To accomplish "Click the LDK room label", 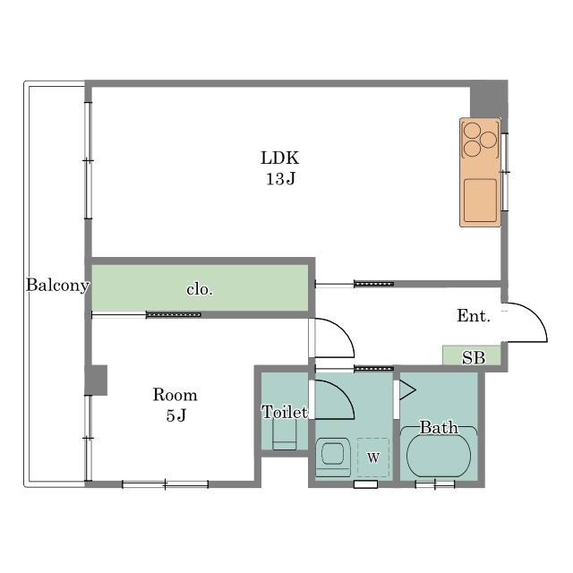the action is [x=280, y=158].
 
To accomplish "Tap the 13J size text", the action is [x=280, y=179].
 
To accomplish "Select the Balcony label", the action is [x=57, y=286].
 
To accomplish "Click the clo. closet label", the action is [x=200, y=290].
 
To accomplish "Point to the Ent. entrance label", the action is [x=474, y=316].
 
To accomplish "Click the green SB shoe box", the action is [x=472, y=355].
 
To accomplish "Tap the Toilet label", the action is [x=285, y=412].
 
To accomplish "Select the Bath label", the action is [x=439, y=428].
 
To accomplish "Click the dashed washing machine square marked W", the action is [x=373, y=458].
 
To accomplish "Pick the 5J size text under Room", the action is [x=176, y=415].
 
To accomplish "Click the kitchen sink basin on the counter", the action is [x=480, y=201].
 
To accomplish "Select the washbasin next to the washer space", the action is [x=332, y=458].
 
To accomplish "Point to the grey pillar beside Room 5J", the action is [x=96, y=380].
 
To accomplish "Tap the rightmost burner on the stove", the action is [x=488, y=140].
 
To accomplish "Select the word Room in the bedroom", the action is [x=175, y=395].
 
